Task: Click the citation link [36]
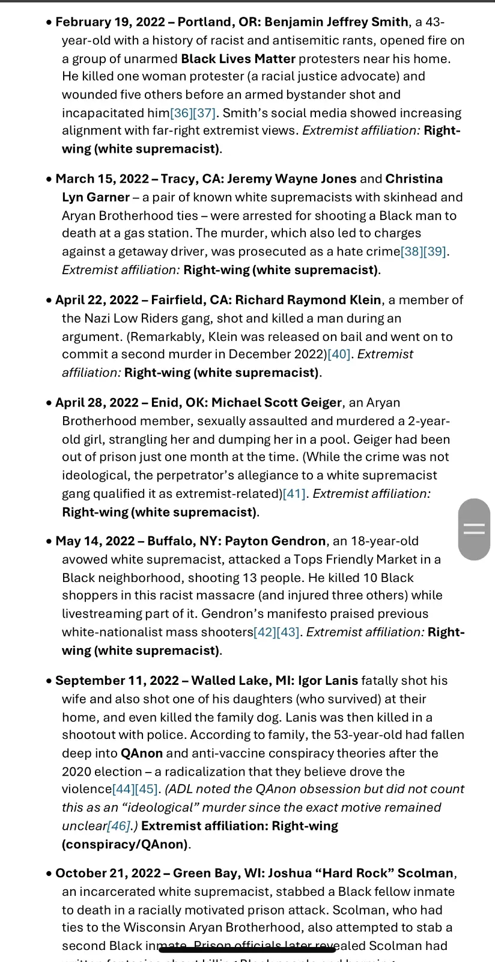click(x=181, y=113)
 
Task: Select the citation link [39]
click(x=435, y=251)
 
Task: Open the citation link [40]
click(x=339, y=354)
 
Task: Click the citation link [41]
click(x=294, y=494)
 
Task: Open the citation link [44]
click(x=124, y=789)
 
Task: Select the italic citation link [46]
click(x=118, y=826)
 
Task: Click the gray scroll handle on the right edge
click(x=474, y=529)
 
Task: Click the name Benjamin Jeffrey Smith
click(x=336, y=22)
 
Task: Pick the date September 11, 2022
click(x=117, y=681)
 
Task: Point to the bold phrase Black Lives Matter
click(x=238, y=59)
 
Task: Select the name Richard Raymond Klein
click(x=308, y=300)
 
